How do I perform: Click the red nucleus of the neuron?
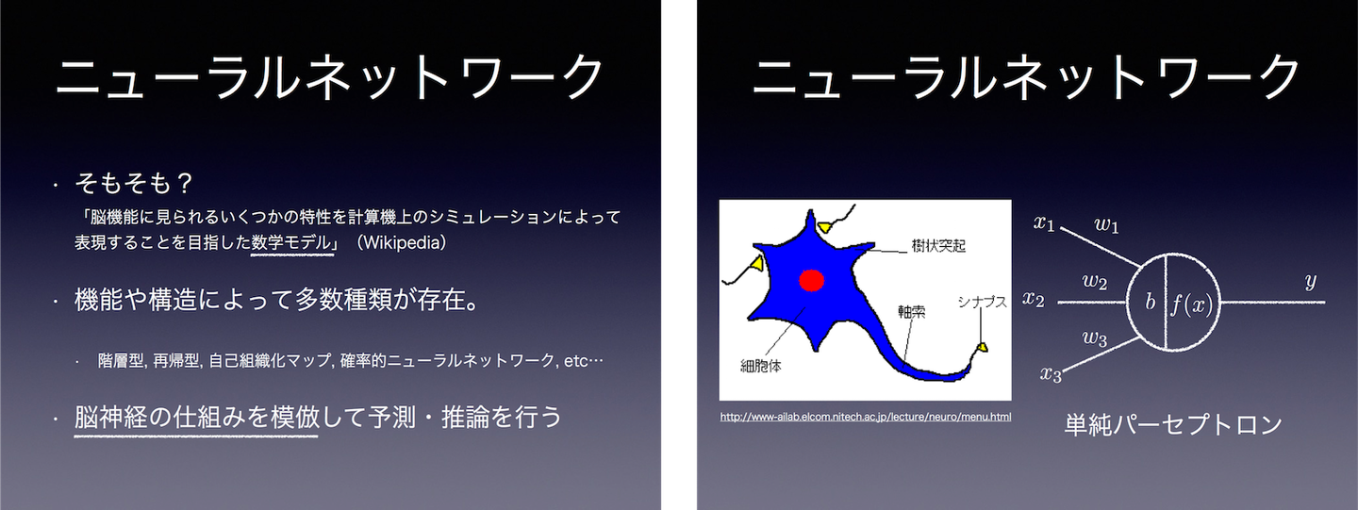coord(811,280)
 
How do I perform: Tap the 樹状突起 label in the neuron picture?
coord(938,245)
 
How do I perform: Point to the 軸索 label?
coord(911,312)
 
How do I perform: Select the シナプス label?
coord(982,302)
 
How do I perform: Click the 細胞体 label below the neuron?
coord(761,366)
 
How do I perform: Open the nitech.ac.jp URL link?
coord(865,417)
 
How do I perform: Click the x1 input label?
coord(1044,222)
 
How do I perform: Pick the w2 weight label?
coord(1095,282)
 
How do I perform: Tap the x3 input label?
coord(1052,374)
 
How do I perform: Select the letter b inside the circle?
coord(1151,301)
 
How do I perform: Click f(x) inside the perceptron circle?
coord(1192,304)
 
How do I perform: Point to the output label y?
coord(1311,282)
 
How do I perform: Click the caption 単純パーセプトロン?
coord(1173,424)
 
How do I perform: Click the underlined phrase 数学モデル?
coord(291,243)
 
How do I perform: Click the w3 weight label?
coord(1095,338)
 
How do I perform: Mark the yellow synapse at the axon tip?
coord(982,347)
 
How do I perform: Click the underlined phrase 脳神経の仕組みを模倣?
coord(196,417)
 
